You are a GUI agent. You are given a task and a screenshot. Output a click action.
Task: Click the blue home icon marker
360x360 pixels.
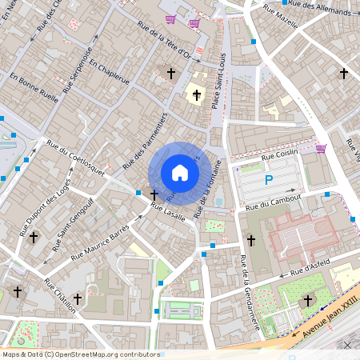[x=180, y=173]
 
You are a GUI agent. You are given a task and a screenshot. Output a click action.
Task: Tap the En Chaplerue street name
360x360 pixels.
[x=109, y=70]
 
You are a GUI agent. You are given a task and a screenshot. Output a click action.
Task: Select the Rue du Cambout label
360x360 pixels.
[x=274, y=202]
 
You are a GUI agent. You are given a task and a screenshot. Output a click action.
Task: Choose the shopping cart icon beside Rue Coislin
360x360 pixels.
[x=321, y=148]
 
